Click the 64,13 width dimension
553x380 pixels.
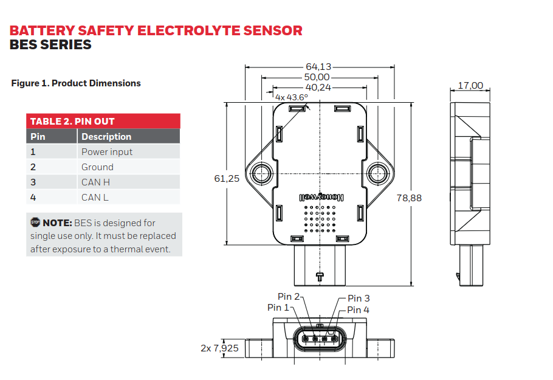[318, 67]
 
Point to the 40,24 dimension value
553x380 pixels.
[317, 87]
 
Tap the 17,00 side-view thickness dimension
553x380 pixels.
[470, 86]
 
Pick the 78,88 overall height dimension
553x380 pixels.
[409, 198]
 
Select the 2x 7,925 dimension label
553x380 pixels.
[219, 348]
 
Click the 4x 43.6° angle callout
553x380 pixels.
[292, 97]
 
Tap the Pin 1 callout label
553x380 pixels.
[278, 308]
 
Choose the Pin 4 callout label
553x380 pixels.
[358, 310]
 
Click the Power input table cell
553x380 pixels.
[107, 152]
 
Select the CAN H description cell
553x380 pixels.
[95, 182]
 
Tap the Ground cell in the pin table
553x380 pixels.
[97, 167]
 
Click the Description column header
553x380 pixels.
[106, 137]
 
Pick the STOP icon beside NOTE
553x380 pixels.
[35, 223]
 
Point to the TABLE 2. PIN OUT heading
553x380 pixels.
[72, 121]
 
